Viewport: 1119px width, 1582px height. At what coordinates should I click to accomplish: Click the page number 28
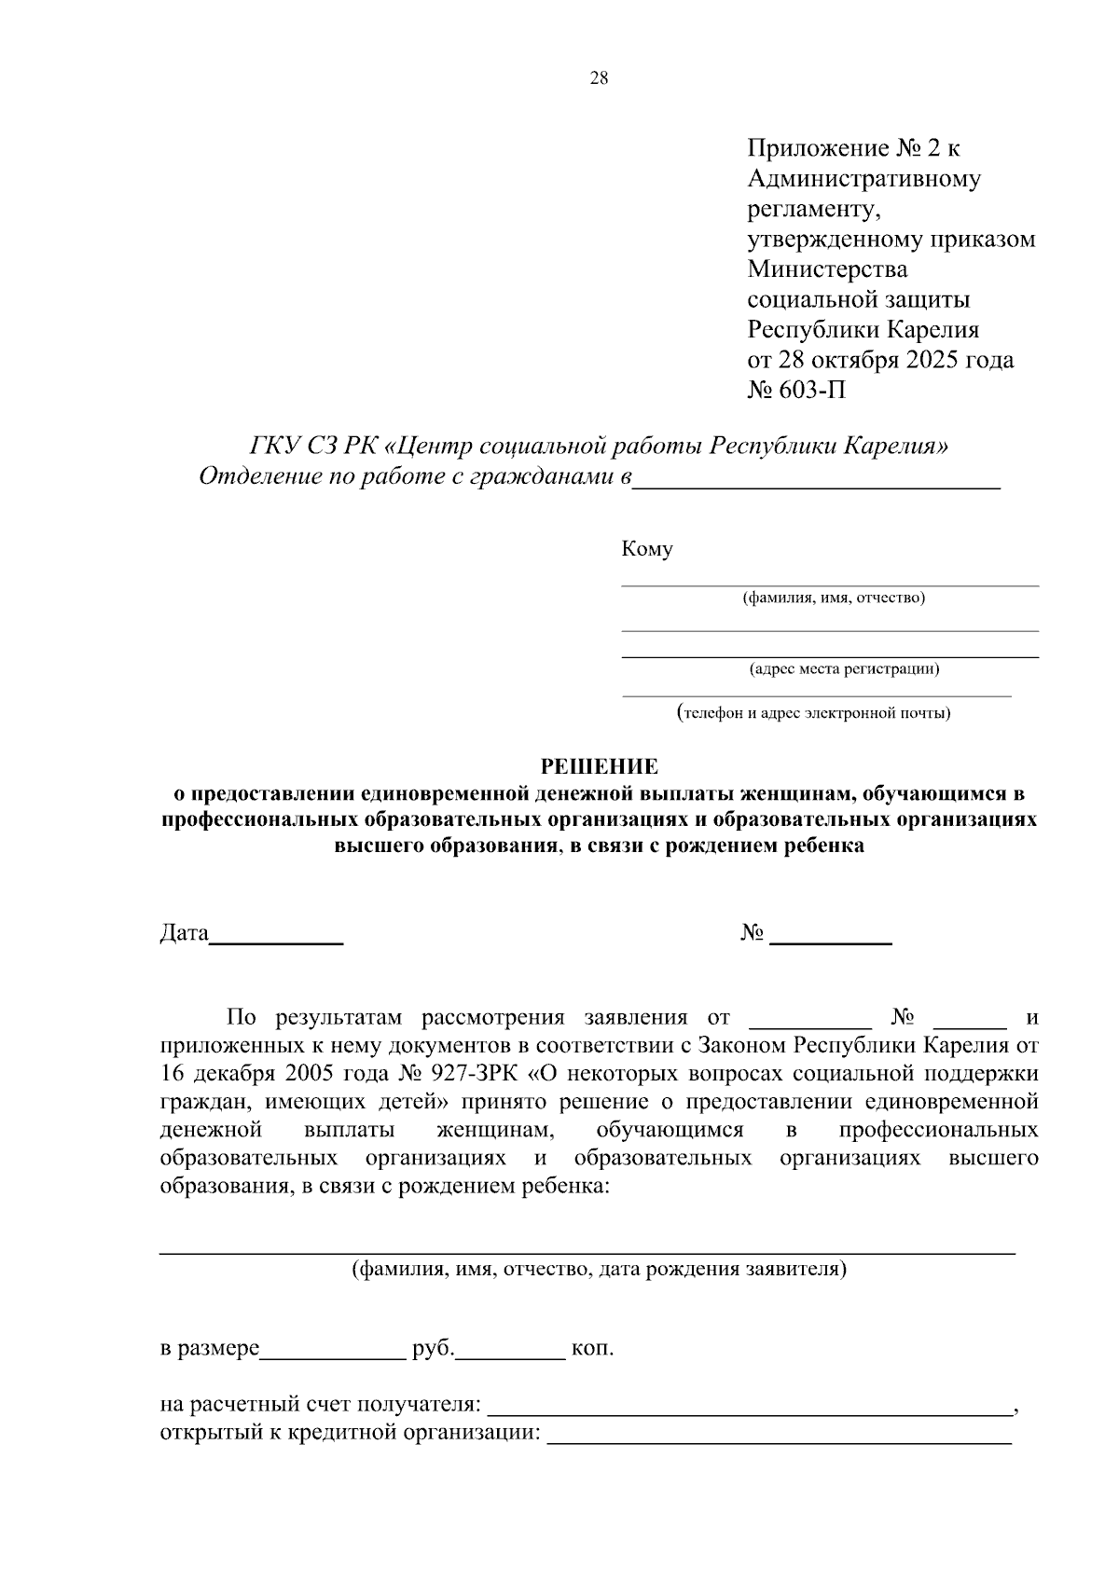[x=599, y=79]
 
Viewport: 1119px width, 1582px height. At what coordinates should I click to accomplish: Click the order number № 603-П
[x=797, y=390]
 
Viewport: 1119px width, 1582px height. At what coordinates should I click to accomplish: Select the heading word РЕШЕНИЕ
[x=600, y=767]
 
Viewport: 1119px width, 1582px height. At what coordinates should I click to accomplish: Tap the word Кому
[x=647, y=550]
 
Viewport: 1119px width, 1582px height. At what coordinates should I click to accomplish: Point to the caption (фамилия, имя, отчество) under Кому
[x=834, y=598]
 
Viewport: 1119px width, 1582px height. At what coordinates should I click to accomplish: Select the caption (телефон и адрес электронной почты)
[x=814, y=714]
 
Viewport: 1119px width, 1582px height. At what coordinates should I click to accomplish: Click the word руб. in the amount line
[x=433, y=1349]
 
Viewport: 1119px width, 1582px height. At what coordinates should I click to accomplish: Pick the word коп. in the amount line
[x=592, y=1349]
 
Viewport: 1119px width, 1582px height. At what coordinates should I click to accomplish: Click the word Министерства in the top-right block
[x=827, y=269]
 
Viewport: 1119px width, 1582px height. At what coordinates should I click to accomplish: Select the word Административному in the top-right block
[x=863, y=178]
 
